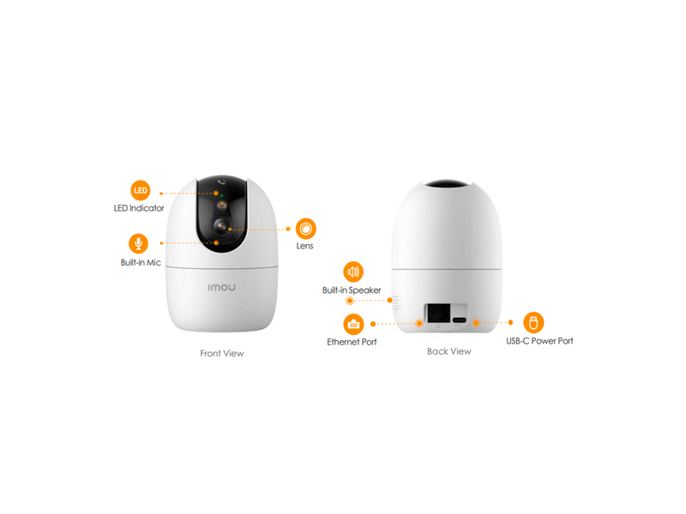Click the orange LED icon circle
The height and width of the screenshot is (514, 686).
pyautogui.click(x=140, y=190)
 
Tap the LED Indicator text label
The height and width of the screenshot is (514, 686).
pyautogui.click(x=139, y=208)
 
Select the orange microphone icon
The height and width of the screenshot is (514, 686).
pyautogui.click(x=138, y=243)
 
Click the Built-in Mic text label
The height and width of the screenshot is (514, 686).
pyautogui.click(x=141, y=262)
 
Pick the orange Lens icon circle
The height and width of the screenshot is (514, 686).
pyautogui.click(x=306, y=228)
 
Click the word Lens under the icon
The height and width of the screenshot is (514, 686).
pyautogui.click(x=304, y=246)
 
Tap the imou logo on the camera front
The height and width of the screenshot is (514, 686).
pyautogui.click(x=222, y=287)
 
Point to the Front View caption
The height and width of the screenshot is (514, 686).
pyautogui.click(x=222, y=353)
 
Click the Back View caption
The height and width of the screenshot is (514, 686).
pyautogui.click(x=448, y=351)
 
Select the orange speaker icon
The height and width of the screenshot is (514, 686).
pyautogui.click(x=353, y=272)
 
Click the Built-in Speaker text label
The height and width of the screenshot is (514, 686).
pyautogui.click(x=352, y=290)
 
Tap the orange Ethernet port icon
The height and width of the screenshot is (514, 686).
pyautogui.click(x=353, y=325)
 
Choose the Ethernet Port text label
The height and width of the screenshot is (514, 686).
pyautogui.click(x=352, y=342)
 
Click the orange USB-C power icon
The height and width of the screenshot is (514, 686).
pyautogui.click(x=533, y=323)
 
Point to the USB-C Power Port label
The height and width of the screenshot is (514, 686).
pyautogui.click(x=539, y=341)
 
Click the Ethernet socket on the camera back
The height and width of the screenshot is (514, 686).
pyautogui.click(x=438, y=313)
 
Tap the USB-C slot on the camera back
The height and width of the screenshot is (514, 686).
pyautogui.click(x=460, y=320)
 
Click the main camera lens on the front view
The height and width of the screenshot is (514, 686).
pyautogui.click(x=222, y=226)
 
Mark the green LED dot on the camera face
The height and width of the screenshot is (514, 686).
pyautogui.click(x=222, y=195)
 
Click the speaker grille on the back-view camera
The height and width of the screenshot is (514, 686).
pyautogui.click(x=395, y=302)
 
